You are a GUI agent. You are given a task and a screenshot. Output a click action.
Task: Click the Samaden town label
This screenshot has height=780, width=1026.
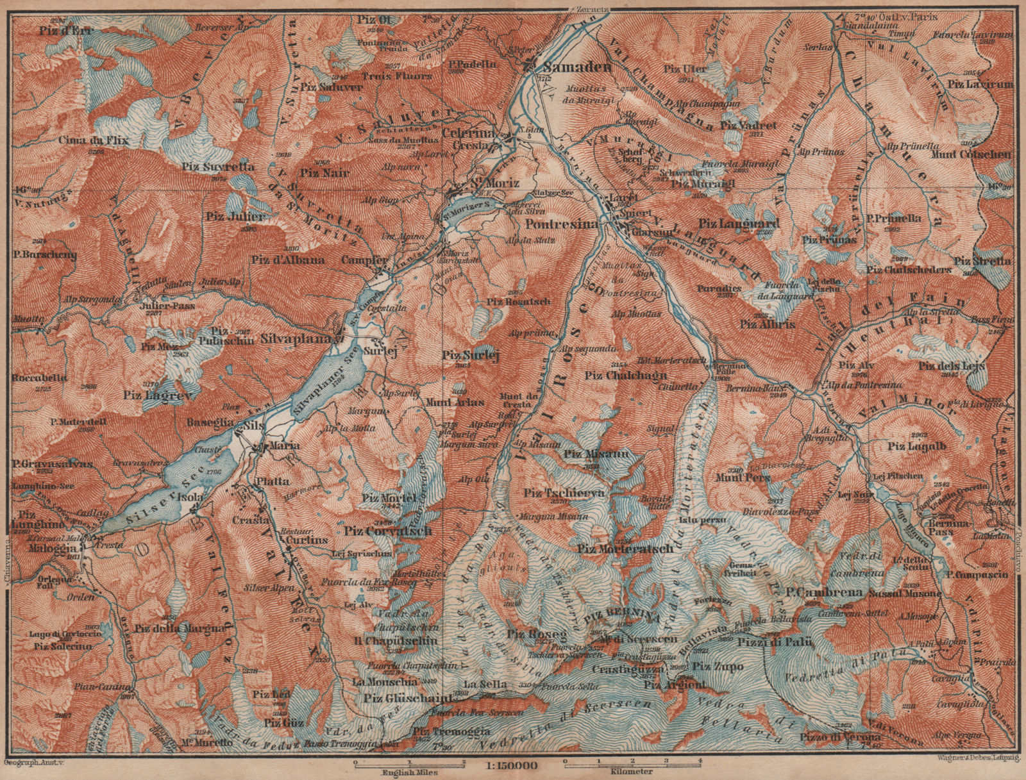point(568,67)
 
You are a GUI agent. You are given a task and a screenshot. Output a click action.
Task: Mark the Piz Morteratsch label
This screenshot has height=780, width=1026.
point(625,549)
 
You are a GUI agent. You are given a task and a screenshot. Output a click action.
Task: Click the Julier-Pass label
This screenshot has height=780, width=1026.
point(158,306)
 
